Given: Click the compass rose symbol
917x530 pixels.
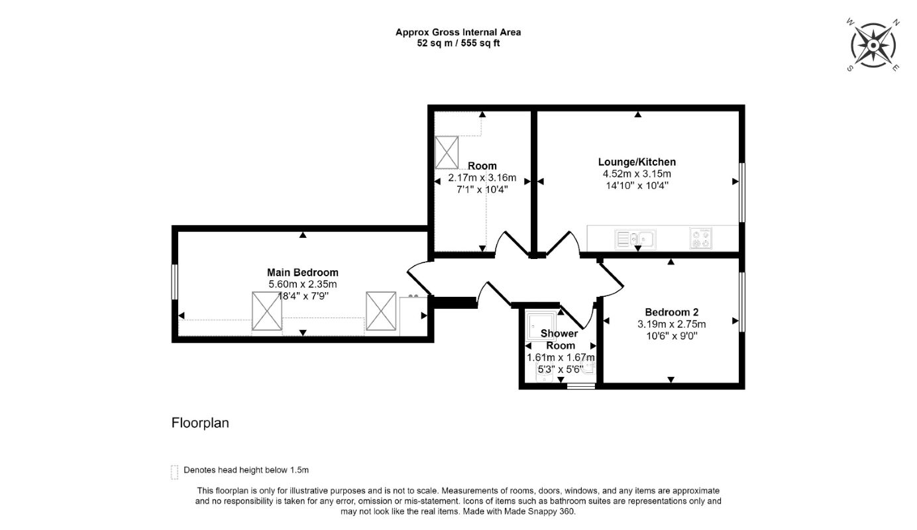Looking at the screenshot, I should tap(873, 45).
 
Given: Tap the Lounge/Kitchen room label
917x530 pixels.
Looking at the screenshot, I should tap(637, 162).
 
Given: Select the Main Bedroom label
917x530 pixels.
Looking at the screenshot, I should tap(302, 272).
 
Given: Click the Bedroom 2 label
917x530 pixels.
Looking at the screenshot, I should tap(671, 312).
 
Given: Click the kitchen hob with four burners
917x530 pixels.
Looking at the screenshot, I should tap(700, 238).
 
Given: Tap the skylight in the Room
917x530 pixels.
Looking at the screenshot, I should tap(447, 152).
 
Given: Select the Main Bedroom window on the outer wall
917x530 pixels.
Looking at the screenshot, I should tap(175, 283).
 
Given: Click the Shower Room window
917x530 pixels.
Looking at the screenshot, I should tap(581, 384).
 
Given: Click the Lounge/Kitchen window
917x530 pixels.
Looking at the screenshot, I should tap(741, 192).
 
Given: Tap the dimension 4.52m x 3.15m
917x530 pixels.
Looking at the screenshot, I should tap(637, 174).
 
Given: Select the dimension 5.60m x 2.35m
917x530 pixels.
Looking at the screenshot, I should tap(302, 284).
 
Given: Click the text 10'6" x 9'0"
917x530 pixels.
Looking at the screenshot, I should tap(671, 336).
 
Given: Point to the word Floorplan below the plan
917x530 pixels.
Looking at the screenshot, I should tap(200, 423).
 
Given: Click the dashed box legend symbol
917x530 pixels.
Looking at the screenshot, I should tap(175, 472).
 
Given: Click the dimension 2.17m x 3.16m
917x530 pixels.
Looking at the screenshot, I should tap(482, 178).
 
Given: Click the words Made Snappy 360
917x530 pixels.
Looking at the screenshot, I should tap(546, 511).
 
